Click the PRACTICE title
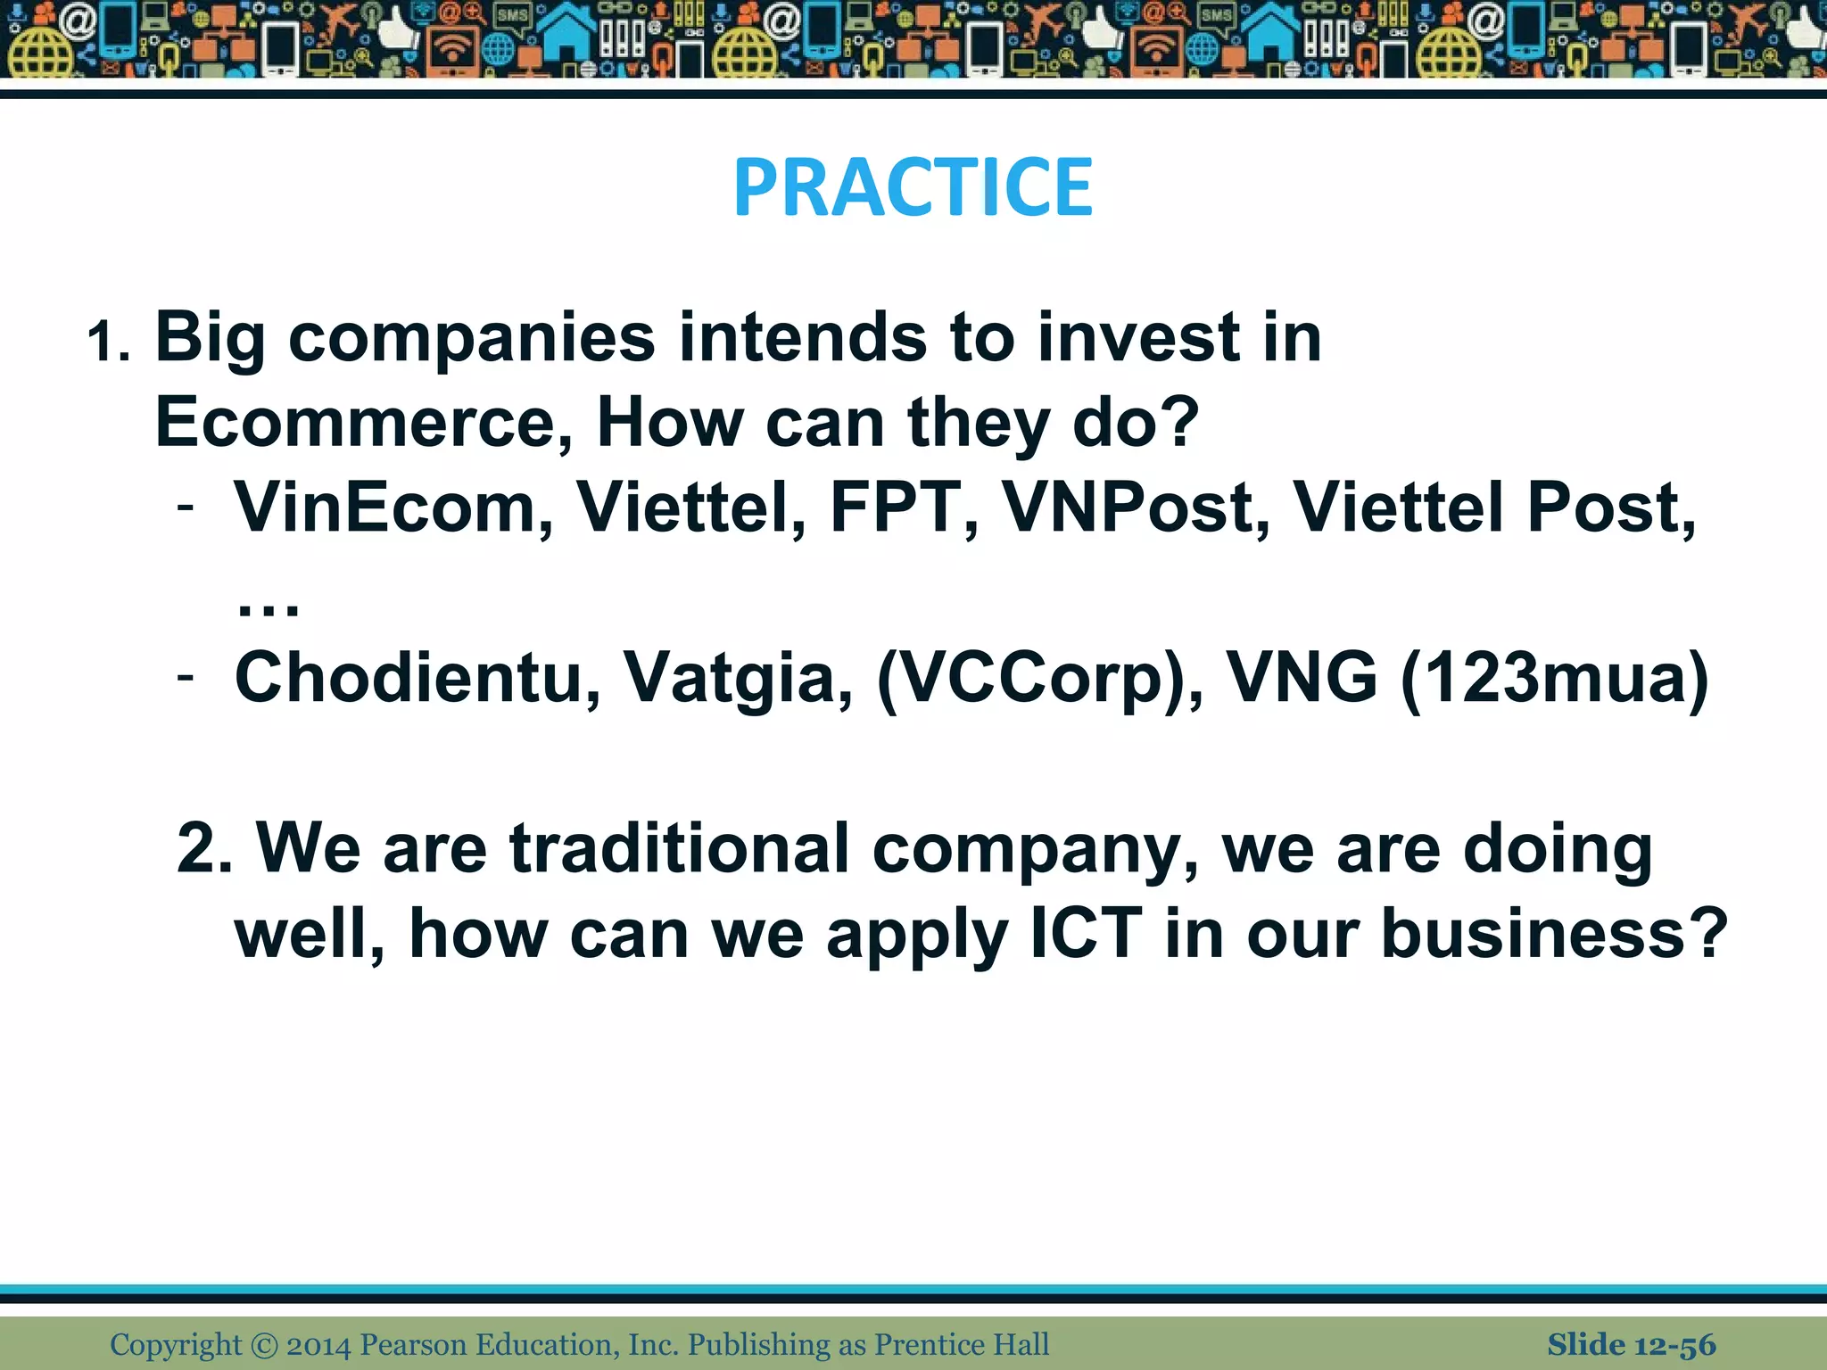coord(913,187)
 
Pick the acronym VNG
coord(1302,678)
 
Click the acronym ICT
coord(1086,934)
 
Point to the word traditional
coord(678,848)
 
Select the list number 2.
coord(203,848)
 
